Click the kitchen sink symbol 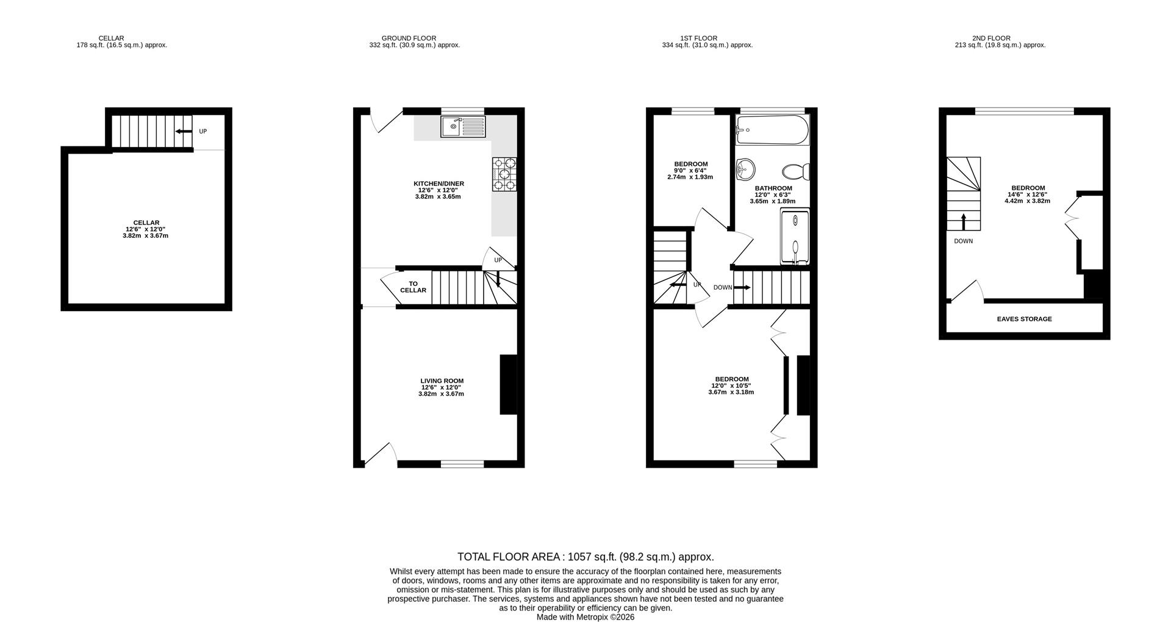point(462,127)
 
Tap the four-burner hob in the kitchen point(504,175)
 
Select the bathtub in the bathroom point(772,130)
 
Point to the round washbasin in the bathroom point(745,169)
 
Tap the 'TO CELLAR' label point(413,287)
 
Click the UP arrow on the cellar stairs point(181,131)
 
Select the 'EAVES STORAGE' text point(1024,319)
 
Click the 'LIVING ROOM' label point(442,381)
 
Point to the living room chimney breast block point(508,385)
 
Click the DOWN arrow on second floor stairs point(964,221)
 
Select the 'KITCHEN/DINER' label point(439,184)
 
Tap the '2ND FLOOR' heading point(1000,38)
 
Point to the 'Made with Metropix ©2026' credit point(585,617)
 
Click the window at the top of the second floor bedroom point(1024,111)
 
